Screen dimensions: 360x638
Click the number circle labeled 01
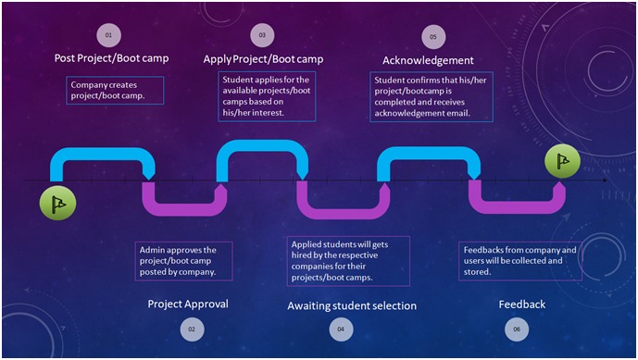pos(108,35)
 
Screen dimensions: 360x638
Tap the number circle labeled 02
pos(192,329)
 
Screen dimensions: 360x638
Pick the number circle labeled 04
pos(341,329)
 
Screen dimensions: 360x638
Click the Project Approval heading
pos(188,304)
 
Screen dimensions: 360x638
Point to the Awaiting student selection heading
pos(352,305)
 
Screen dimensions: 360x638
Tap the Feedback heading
pos(522,304)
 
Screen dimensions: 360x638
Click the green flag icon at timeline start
pos(58,202)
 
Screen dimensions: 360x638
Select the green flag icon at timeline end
pos(561,161)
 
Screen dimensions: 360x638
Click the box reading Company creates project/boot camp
pos(116,90)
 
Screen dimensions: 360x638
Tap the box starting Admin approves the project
pos(183,261)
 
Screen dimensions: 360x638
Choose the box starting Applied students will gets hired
pos(348,261)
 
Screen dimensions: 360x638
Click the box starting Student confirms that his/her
pos(432,96)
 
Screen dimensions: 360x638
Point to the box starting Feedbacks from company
pos(520,261)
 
